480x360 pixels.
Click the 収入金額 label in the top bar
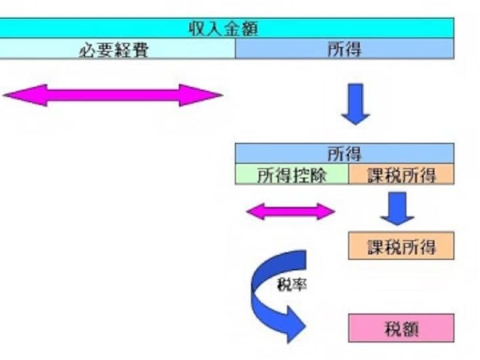[x=223, y=29]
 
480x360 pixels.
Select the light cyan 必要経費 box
[x=117, y=49]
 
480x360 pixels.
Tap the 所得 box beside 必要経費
[x=345, y=49]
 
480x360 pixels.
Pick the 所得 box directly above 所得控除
[x=345, y=153]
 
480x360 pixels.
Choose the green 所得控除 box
[x=292, y=174]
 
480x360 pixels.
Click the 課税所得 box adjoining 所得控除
[x=401, y=174]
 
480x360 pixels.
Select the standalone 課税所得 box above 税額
[x=401, y=246]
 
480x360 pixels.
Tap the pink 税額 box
[x=401, y=328]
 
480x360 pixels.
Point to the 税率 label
[x=292, y=285]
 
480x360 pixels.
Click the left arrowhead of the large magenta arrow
[x=25, y=95]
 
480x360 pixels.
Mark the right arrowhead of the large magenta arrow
[x=201, y=95]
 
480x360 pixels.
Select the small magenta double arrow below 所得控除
[x=291, y=211]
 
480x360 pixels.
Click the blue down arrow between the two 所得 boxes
[x=355, y=104]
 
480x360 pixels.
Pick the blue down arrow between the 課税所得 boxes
[x=397, y=209]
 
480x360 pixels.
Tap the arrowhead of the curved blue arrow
[x=295, y=325]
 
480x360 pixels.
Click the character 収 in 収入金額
[x=197, y=29]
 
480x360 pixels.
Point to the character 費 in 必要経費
[x=140, y=50]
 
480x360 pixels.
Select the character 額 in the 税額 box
[x=410, y=329]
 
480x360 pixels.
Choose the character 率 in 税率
[x=299, y=285]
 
